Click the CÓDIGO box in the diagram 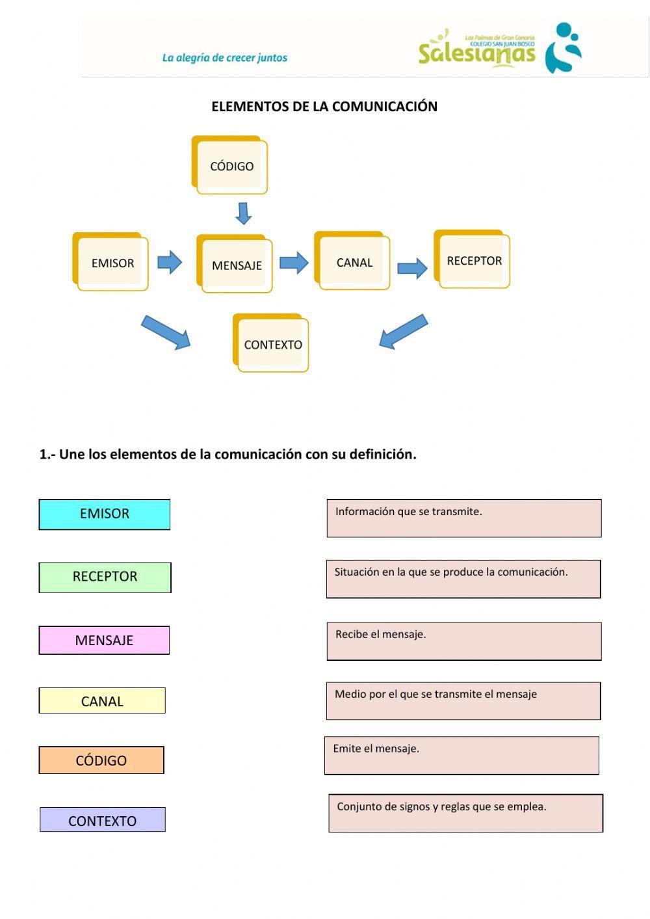pos(230,166)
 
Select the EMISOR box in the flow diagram pos(111,262)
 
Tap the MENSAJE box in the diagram pos(235,264)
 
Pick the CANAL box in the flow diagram pos(353,261)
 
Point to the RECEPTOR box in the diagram pos(473,260)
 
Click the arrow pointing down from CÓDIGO pos(244,213)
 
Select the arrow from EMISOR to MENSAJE pos(170,262)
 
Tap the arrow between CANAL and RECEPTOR pos(412,267)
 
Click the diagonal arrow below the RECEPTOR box pos(403,332)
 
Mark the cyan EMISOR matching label pos(105,514)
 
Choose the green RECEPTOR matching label pos(105,578)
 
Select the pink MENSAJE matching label pos(104,640)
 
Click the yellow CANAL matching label pos(102,700)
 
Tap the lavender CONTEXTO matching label pos(103,819)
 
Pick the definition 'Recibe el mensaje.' pos(464,641)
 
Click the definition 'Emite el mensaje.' pos(461,756)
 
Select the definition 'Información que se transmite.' pos(464,518)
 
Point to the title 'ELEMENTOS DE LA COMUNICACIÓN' pos(324,107)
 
